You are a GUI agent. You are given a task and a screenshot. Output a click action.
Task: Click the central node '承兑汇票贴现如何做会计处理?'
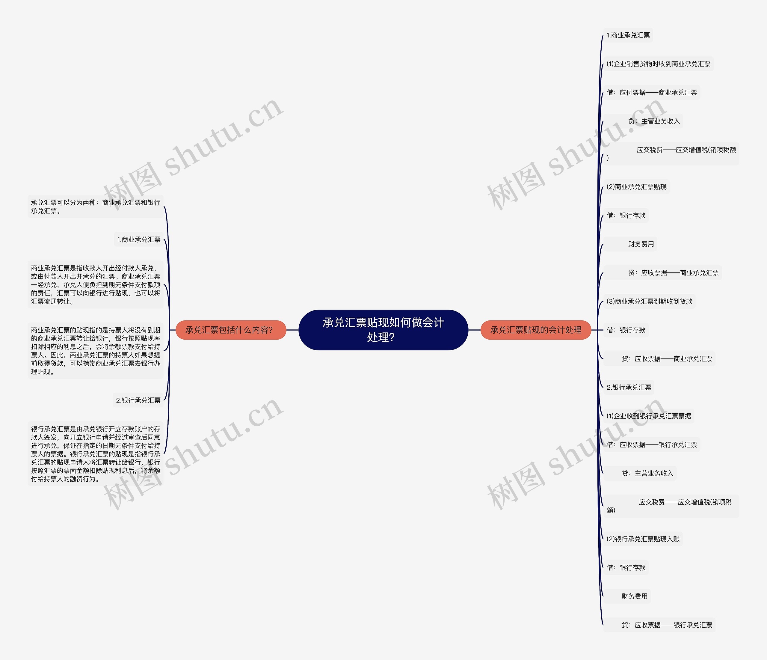[x=383, y=330]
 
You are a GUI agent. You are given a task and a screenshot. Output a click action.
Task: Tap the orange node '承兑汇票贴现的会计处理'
[x=535, y=330]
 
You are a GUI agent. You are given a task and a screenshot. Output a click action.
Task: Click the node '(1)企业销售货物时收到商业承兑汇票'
[x=658, y=64]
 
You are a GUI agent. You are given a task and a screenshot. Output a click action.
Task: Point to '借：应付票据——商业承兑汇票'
[x=652, y=93]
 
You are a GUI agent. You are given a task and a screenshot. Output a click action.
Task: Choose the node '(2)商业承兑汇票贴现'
[x=636, y=187]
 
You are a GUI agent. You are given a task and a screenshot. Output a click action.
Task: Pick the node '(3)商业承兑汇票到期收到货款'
[x=649, y=302]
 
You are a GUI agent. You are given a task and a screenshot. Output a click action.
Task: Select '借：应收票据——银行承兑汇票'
[x=652, y=445]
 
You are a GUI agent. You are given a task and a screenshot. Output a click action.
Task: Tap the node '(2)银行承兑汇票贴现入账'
[x=643, y=539]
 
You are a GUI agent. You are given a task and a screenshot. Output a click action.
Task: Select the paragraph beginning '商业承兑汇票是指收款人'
[x=96, y=284]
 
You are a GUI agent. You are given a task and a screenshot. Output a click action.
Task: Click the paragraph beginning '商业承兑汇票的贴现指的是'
[x=96, y=350]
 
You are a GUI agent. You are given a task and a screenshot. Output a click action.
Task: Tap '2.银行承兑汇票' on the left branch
[x=138, y=400]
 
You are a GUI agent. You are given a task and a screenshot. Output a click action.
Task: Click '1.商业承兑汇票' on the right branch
[x=628, y=35]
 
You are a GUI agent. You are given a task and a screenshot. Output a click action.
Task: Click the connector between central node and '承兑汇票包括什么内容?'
[x=292, y=330]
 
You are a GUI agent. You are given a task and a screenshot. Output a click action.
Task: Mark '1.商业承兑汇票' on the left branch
[x=139, y=239]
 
